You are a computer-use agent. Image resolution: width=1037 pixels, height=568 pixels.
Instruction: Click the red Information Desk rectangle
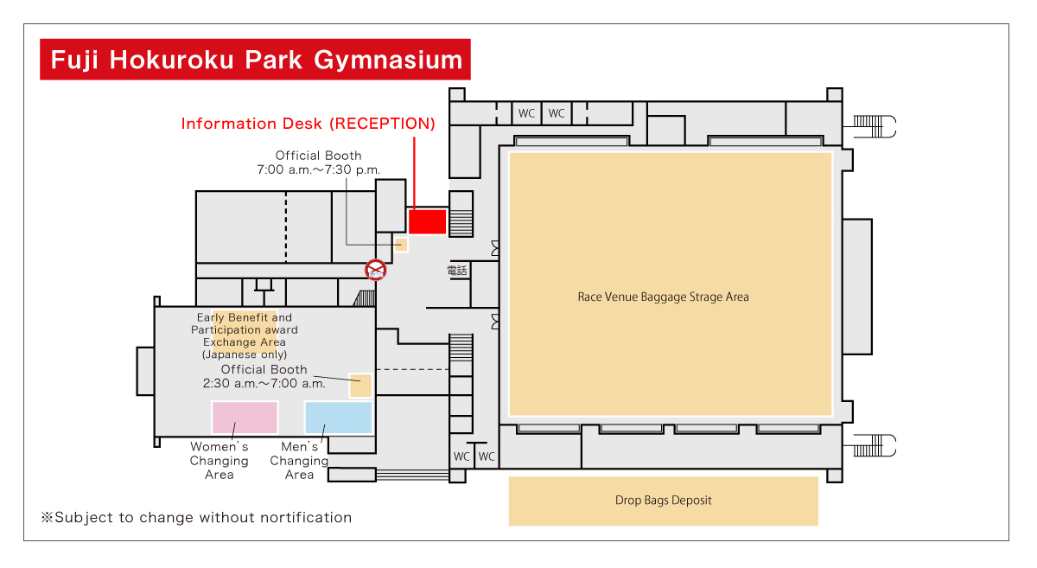tap(427, 221)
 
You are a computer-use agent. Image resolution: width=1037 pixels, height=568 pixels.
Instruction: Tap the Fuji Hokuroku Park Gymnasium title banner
tap(255, 60)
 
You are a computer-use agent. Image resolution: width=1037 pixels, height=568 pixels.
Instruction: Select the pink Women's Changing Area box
tap(245, 417)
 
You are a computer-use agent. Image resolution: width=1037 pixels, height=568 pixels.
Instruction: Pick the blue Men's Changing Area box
tap(338, 417)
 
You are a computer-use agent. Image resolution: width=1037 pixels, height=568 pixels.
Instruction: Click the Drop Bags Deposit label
tap(663, 501)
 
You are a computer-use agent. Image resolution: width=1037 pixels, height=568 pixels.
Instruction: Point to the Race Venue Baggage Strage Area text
tap(663, 297)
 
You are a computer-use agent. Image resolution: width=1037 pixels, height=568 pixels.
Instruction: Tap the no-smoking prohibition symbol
tap(376, 270)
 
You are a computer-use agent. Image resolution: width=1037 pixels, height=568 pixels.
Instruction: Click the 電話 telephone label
tap(457, 271)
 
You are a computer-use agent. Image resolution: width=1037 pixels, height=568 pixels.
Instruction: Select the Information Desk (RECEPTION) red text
tap(308, 124)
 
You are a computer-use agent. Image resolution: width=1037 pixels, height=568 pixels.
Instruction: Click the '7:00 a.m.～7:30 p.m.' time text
tap(318, 170)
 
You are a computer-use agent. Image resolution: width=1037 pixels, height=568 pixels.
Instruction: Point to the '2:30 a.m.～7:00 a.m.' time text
tap(264, 384)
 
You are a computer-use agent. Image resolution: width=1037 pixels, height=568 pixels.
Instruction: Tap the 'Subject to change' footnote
tap(197, 518)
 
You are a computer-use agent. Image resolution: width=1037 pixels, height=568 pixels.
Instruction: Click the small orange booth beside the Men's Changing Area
tap(360, 386)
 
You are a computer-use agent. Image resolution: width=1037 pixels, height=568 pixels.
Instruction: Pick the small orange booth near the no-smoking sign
tap(401, 245)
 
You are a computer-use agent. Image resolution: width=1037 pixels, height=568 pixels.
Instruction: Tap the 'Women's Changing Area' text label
tap(219, 461)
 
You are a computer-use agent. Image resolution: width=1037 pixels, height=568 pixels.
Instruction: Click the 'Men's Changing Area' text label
tap(299, 461)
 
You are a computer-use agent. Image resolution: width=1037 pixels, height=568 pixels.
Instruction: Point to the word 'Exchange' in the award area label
tap(239, 342)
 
